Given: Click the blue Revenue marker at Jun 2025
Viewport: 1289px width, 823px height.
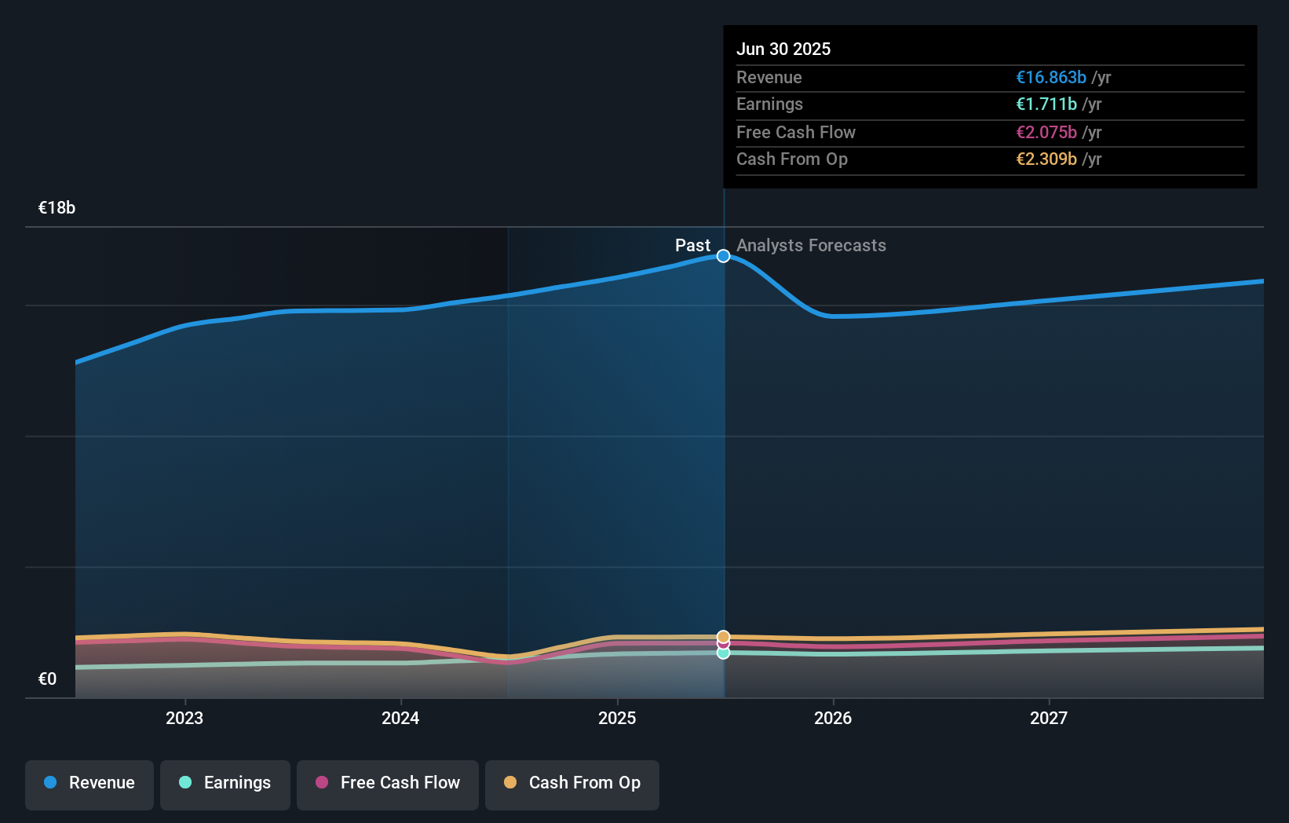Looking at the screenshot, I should pos(723,256).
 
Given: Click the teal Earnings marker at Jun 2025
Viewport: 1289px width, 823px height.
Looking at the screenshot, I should pos(723,653).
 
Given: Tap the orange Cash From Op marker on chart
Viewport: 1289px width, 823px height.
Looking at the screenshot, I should pos(723,636).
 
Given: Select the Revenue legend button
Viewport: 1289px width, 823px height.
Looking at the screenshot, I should pos(89,783).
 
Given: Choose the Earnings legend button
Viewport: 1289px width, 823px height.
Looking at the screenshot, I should pos(225,783).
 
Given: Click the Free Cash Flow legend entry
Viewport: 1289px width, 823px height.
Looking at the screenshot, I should pos(388,783).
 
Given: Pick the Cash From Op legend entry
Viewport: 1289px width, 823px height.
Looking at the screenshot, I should pos(572,783).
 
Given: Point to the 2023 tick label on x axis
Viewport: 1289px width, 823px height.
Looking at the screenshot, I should pos(184,718).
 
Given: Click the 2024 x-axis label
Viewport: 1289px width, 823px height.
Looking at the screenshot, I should pos(400,718).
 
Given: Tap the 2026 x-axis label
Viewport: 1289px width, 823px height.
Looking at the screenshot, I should pos(833,718).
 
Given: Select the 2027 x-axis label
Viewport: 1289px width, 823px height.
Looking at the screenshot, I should pos(1049,718).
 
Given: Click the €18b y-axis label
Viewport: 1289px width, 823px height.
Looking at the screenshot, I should pos(57,208).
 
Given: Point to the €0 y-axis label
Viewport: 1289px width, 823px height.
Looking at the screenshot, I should pos(47,679).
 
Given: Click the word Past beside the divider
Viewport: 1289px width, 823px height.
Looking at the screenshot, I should pos(692,246).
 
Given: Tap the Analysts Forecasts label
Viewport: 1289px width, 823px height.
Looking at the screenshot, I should pos(811,246).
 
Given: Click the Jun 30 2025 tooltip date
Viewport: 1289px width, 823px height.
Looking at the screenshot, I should pos(783,49).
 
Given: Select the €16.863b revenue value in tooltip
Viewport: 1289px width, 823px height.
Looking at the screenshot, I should pos(1051,77).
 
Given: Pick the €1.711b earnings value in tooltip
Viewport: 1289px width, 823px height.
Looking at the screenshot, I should pos(1046,104).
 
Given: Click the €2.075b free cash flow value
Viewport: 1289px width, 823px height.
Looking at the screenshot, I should pos(1046,132).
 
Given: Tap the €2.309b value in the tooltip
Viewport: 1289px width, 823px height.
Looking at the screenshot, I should pos(1046,159).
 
